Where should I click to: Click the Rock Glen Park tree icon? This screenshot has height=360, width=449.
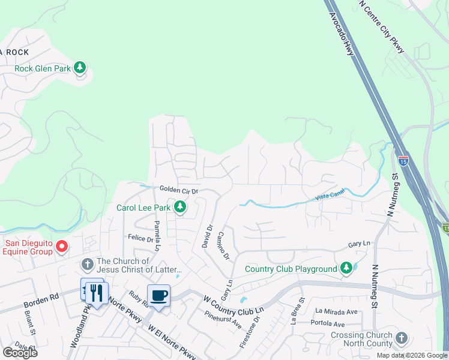click(x=80, y=67)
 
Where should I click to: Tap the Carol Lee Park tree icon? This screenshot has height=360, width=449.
click(x=179, y=208)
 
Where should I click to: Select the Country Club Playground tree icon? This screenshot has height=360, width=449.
click(x=346, y=268)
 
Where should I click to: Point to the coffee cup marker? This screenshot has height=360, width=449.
click(x=158, y=296)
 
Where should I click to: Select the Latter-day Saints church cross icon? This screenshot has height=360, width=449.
click(x=87, y=264)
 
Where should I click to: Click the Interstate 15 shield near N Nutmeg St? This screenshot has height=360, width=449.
click(x=403, y=160)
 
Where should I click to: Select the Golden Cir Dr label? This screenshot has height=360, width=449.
click(x=179, y=190)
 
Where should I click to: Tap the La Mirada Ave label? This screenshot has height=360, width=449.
click(x=336, y=311)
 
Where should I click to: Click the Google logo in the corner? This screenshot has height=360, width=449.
click(x=20, y=353)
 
